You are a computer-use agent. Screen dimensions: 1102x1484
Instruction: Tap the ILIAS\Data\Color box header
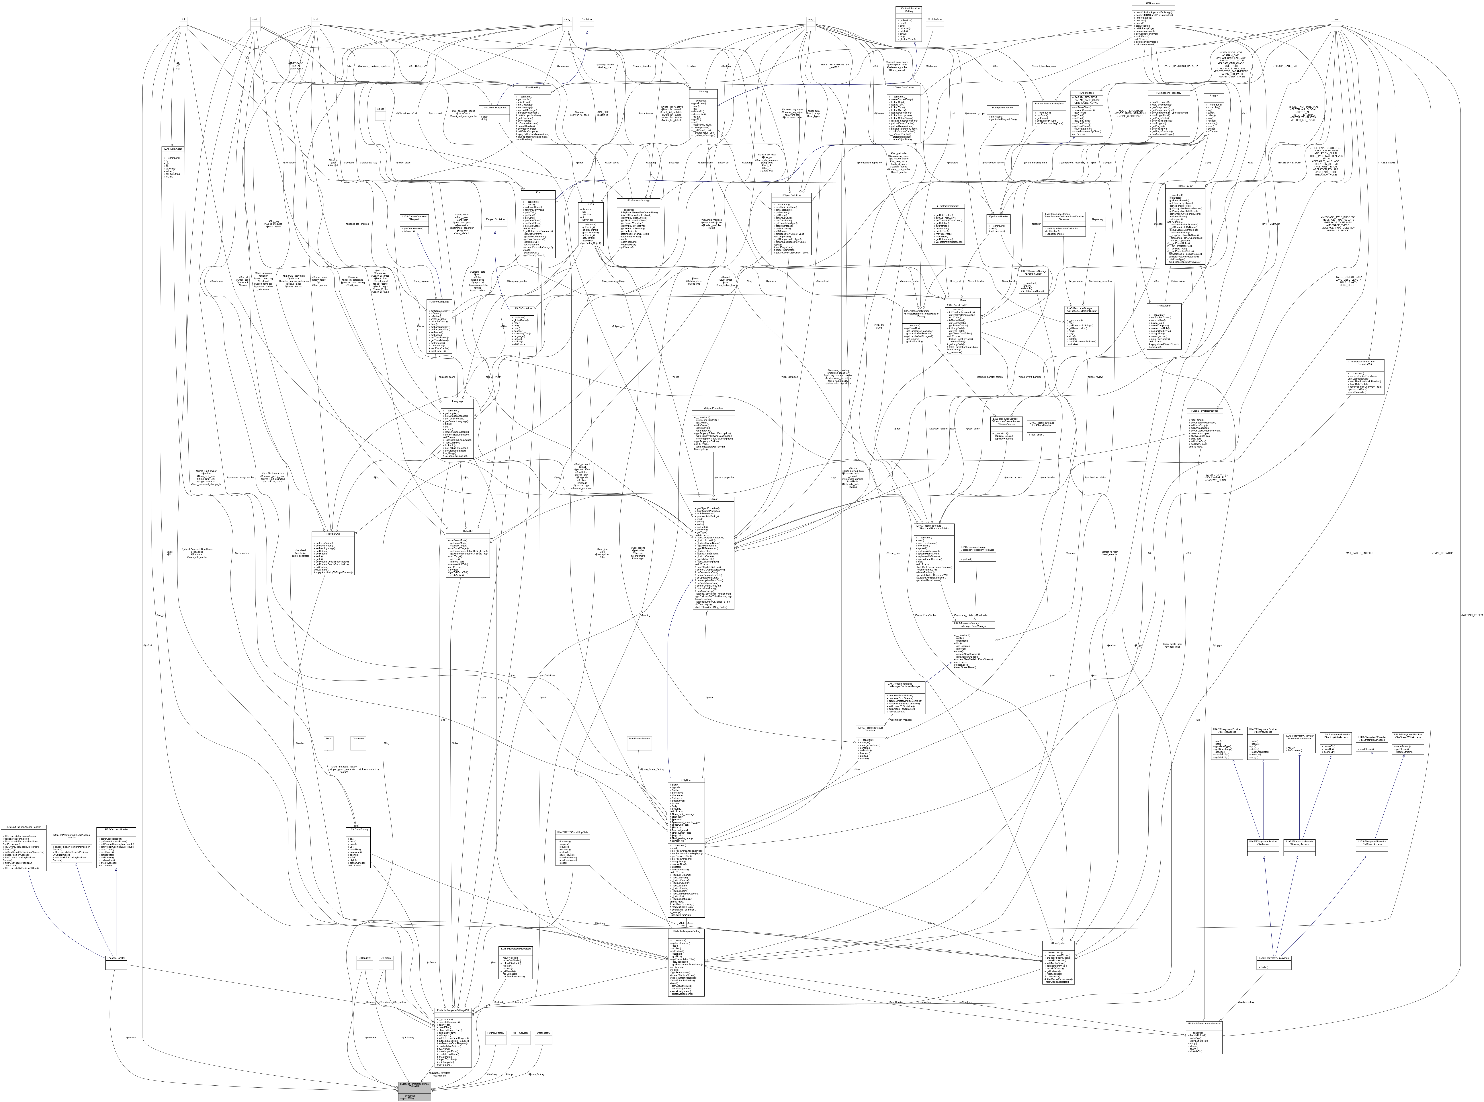pos(173,149)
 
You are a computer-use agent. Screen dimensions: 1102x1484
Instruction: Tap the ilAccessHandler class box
pos(116,958)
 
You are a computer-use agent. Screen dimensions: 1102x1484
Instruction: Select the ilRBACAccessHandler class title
pos(116,830)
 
